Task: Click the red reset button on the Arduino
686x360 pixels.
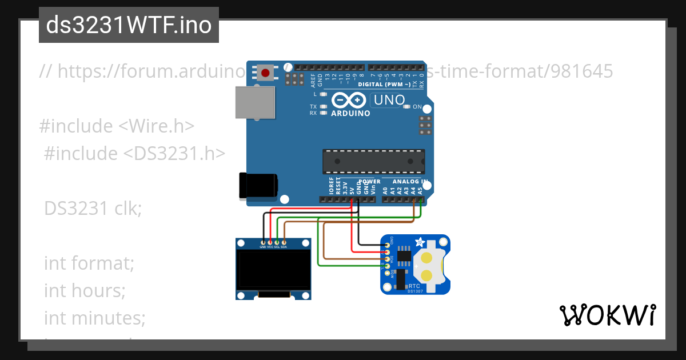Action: [266, 73]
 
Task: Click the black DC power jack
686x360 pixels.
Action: [258, 186]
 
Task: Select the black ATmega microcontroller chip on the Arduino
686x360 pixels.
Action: [374, 161]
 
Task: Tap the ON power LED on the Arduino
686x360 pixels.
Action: [407, 107]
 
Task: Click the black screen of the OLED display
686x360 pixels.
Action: [273, 271]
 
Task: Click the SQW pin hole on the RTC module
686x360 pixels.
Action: [388, 273]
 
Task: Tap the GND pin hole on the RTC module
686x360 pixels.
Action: [388, 244]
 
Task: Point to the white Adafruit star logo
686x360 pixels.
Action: [420, 241]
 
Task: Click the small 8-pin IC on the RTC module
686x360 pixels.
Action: [404, 257]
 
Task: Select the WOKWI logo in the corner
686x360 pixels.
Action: [607, 315]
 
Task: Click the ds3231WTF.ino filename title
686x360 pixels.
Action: [129, 25]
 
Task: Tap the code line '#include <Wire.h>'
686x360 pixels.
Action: [117, 126]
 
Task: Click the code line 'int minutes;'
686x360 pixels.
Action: [94, 317]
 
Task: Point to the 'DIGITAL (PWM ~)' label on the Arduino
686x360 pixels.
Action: [384, 85]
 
